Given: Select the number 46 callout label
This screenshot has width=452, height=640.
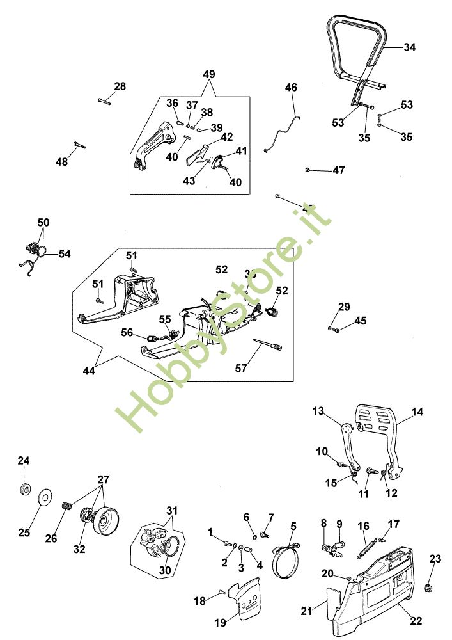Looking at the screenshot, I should point(292,87).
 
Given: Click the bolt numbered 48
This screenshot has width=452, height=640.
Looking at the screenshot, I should point(79,145).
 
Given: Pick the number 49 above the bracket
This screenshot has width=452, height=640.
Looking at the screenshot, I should point(209,74).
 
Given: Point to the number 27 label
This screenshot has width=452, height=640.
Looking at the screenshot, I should point(103,479).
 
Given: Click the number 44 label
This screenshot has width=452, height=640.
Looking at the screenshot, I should point(89,371).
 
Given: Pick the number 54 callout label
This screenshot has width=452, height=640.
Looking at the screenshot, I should point(65,254).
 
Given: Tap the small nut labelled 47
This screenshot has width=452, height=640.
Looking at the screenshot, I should point(308,170).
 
